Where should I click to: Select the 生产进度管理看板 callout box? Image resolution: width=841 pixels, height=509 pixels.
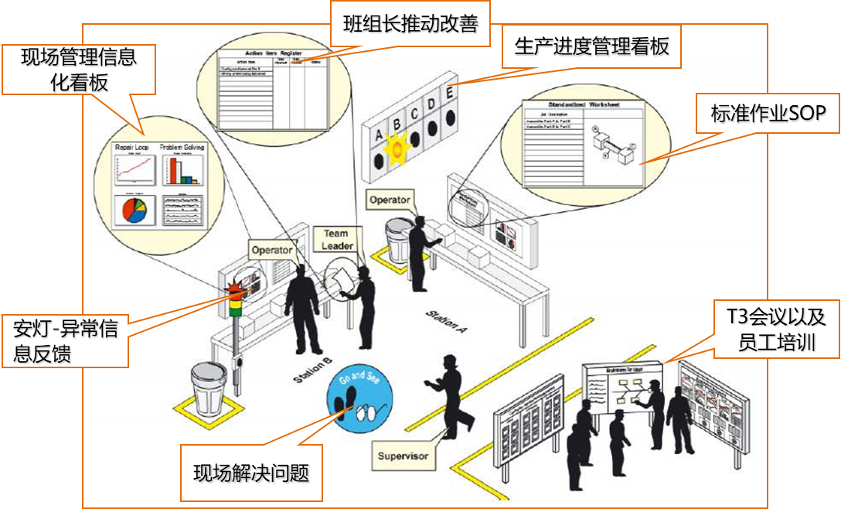tap(591, 47)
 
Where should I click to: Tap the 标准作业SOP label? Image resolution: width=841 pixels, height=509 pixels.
tap(768, 114)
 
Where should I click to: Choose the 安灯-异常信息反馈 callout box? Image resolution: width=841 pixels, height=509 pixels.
tap(66, 340)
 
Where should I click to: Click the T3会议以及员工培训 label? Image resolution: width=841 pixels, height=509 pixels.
tap(775, 329)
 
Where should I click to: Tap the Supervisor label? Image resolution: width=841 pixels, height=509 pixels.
tap(403, 456)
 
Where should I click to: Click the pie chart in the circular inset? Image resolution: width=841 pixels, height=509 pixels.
tap(131, 209)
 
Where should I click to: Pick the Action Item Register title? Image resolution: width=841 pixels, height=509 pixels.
tap(263, 54)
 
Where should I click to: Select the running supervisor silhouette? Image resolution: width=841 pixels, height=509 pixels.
tap(452, 402)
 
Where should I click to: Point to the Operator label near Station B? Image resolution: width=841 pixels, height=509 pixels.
tap(271, 250)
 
